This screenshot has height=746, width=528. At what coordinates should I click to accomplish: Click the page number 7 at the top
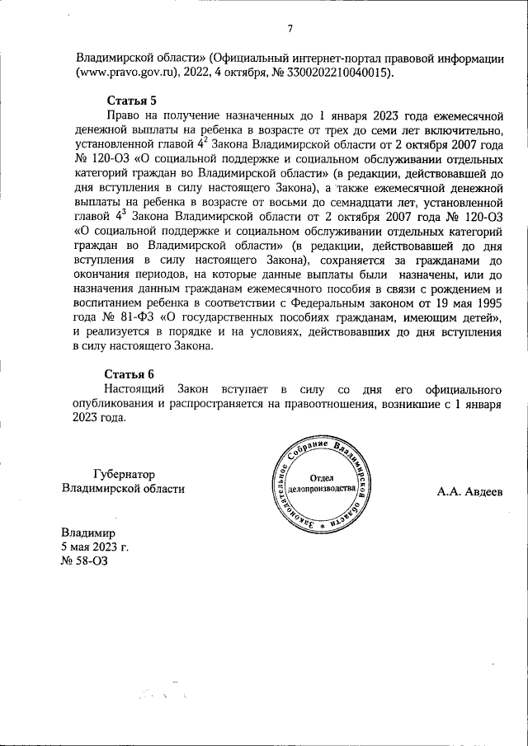(290, 30)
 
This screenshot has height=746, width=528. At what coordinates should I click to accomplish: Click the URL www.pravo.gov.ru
(129, 73)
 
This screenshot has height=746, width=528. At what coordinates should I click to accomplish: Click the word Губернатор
(124, 474)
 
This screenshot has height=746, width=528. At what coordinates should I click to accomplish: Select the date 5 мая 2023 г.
(94, 547)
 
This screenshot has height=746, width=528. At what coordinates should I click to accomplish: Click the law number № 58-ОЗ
(83, 561)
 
